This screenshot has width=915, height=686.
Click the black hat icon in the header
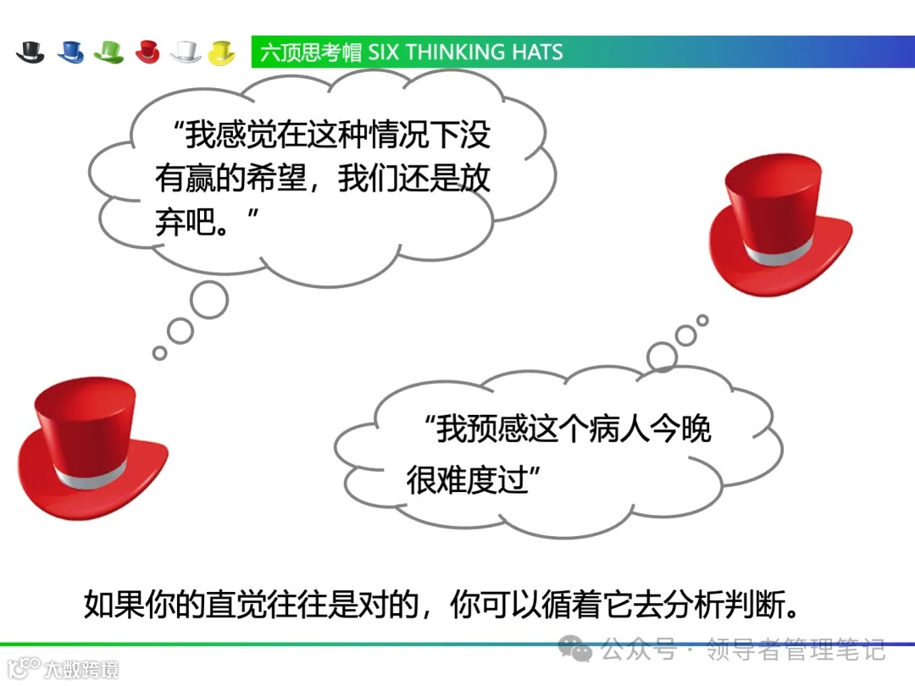pyautogui.click(x=30, y=53)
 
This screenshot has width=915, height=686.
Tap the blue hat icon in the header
pyautogui.click(x=70, y=53)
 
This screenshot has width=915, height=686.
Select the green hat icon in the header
pyautogui.click(x=109, y=53)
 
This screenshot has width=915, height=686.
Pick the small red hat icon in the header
pyautogui.click(x=147, y=53)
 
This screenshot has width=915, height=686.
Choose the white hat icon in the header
pyautogui.click(x=186, y=53)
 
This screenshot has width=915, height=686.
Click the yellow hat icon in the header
pyautogui.click(x=222, y=53)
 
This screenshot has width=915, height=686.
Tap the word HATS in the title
pyautogui.click(x=537, y=53)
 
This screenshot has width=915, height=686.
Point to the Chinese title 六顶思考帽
pyautogui.click(x=310, y=53)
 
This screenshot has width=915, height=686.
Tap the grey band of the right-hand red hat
pyautogui.click(x=780, y=252)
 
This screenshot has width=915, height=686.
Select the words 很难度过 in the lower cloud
pyautogui.click(x=467, y=480)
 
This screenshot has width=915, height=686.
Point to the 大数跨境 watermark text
pyautogui.click(x=80, y=669)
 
